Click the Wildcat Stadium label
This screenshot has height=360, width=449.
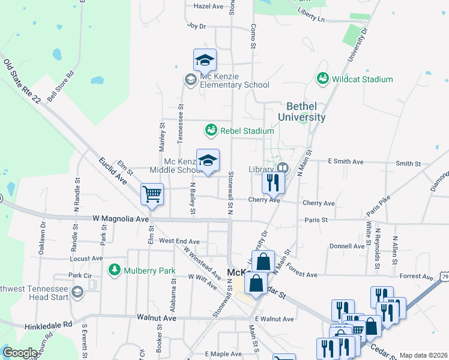(363, 79)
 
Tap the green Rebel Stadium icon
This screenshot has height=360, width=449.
(211, 130)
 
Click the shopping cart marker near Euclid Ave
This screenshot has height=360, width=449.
(152, 194)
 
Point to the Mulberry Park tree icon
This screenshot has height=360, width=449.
(114, 271)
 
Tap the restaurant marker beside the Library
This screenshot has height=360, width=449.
(273, 182)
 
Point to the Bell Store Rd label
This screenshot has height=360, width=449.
(60, 86)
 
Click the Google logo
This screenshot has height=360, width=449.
(19, 353)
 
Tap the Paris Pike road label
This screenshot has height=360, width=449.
(379, 204)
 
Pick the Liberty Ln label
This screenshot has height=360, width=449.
(310, 16)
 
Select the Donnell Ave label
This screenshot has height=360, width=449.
(347, 246)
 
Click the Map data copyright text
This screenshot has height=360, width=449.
(423, 355)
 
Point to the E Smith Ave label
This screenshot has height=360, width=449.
(345, 162)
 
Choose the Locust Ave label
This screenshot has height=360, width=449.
(87, 259)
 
